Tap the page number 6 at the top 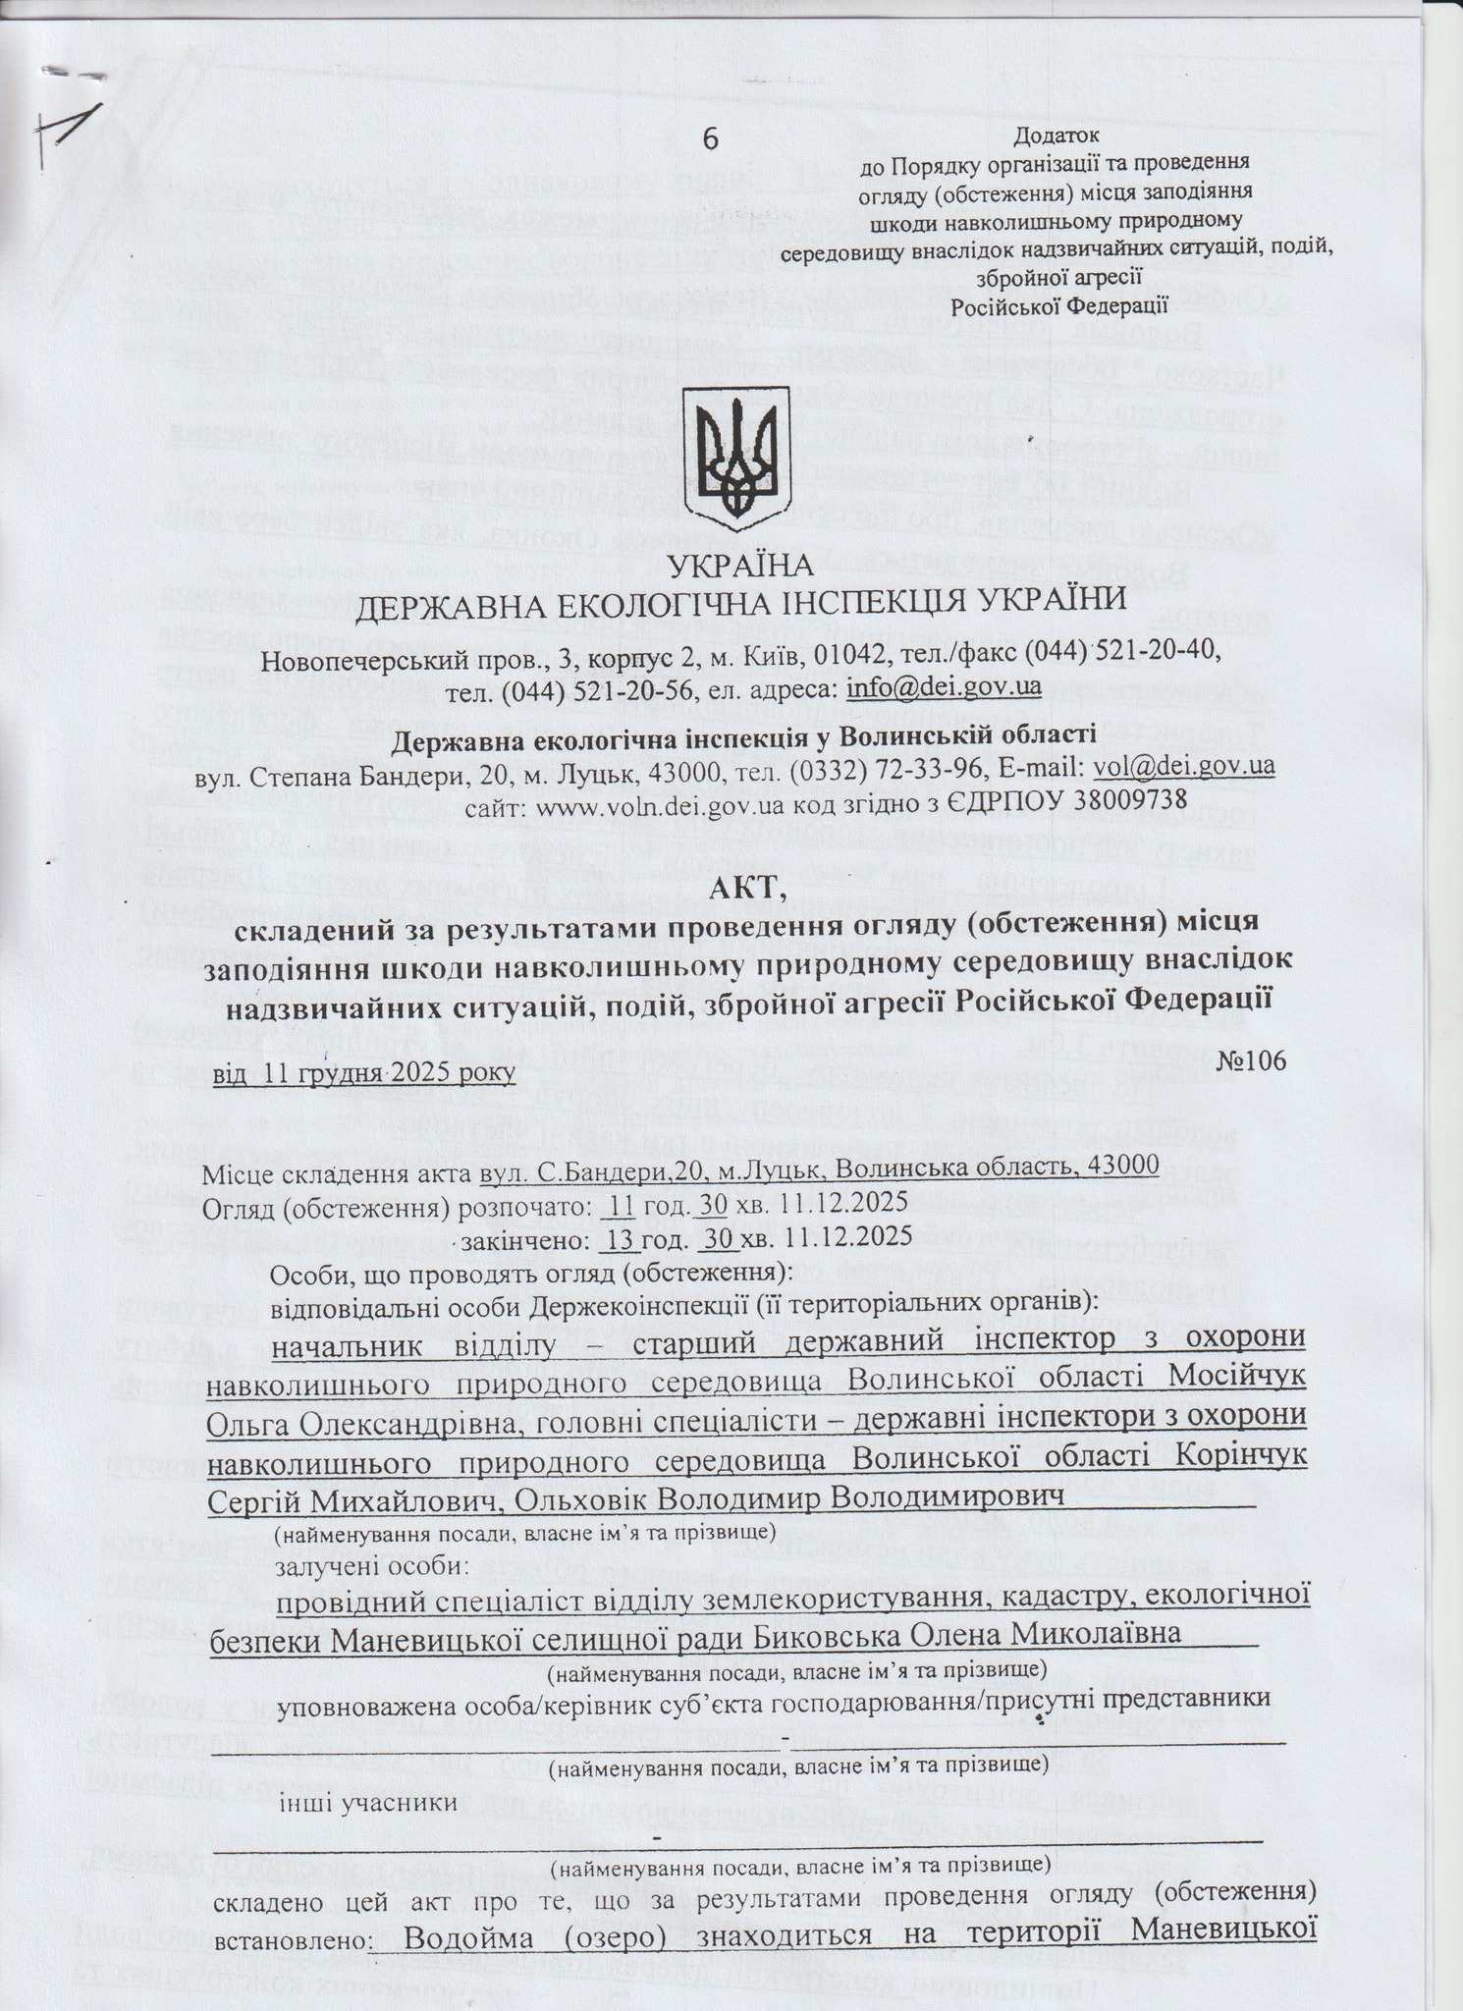(710, 139)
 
